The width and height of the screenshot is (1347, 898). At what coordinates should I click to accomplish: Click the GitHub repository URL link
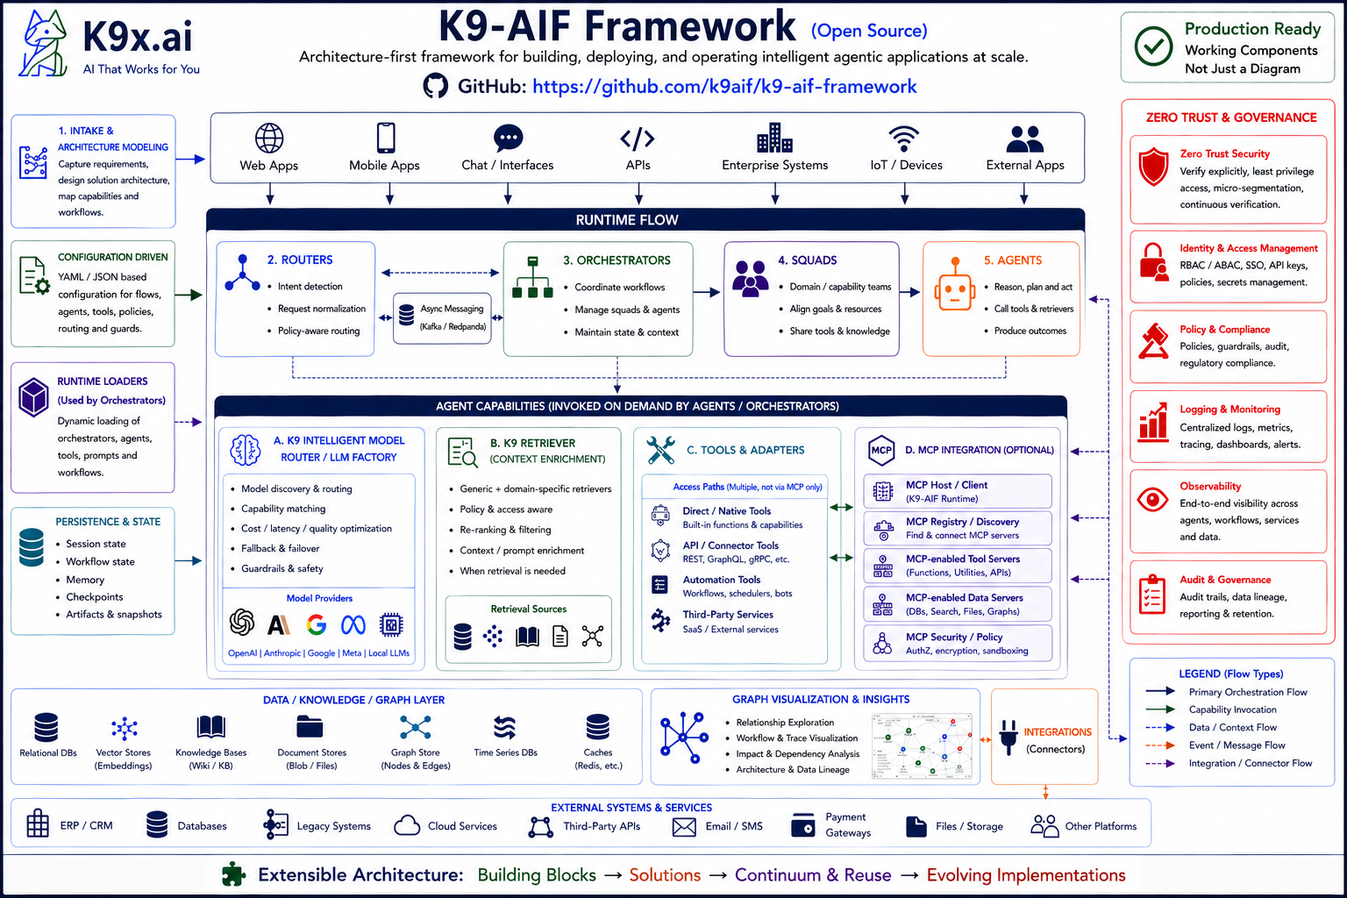tap(723, 87)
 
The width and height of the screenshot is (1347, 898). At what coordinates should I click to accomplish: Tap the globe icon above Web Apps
tap(269, 139)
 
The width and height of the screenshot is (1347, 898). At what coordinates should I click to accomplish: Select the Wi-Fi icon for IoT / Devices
tap(903, 139)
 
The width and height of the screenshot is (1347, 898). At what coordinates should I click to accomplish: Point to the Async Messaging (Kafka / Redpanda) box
tap(442, 317)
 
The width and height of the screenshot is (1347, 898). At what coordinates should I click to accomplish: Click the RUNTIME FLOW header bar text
tap(627, 220)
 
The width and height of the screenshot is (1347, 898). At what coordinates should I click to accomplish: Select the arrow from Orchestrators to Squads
tap(707, 292)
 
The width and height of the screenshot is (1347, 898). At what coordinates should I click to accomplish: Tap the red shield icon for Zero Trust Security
tap(1153, 166)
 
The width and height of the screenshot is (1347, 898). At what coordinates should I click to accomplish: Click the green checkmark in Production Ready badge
tap(1153, 46)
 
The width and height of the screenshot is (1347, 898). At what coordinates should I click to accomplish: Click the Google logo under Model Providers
tap(317, 624)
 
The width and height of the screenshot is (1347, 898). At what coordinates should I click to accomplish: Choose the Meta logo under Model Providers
tap(353, 624)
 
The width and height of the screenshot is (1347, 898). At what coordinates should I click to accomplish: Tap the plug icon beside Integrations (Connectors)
tap(1008, 737)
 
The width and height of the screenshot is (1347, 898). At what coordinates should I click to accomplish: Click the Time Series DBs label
tap(505, 752)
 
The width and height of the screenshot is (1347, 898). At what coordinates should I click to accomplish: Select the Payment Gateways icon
tap(802, 825)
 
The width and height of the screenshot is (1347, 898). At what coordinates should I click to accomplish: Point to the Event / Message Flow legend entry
tap(1237, 745)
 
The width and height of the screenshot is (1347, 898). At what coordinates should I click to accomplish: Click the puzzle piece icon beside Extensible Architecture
tap(233, 874)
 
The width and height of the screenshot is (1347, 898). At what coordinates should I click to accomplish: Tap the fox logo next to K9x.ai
tap(45, 44)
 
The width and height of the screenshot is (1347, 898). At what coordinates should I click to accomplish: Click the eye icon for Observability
tap(1152, 500)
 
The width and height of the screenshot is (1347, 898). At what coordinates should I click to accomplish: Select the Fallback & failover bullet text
tap(281, 549)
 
